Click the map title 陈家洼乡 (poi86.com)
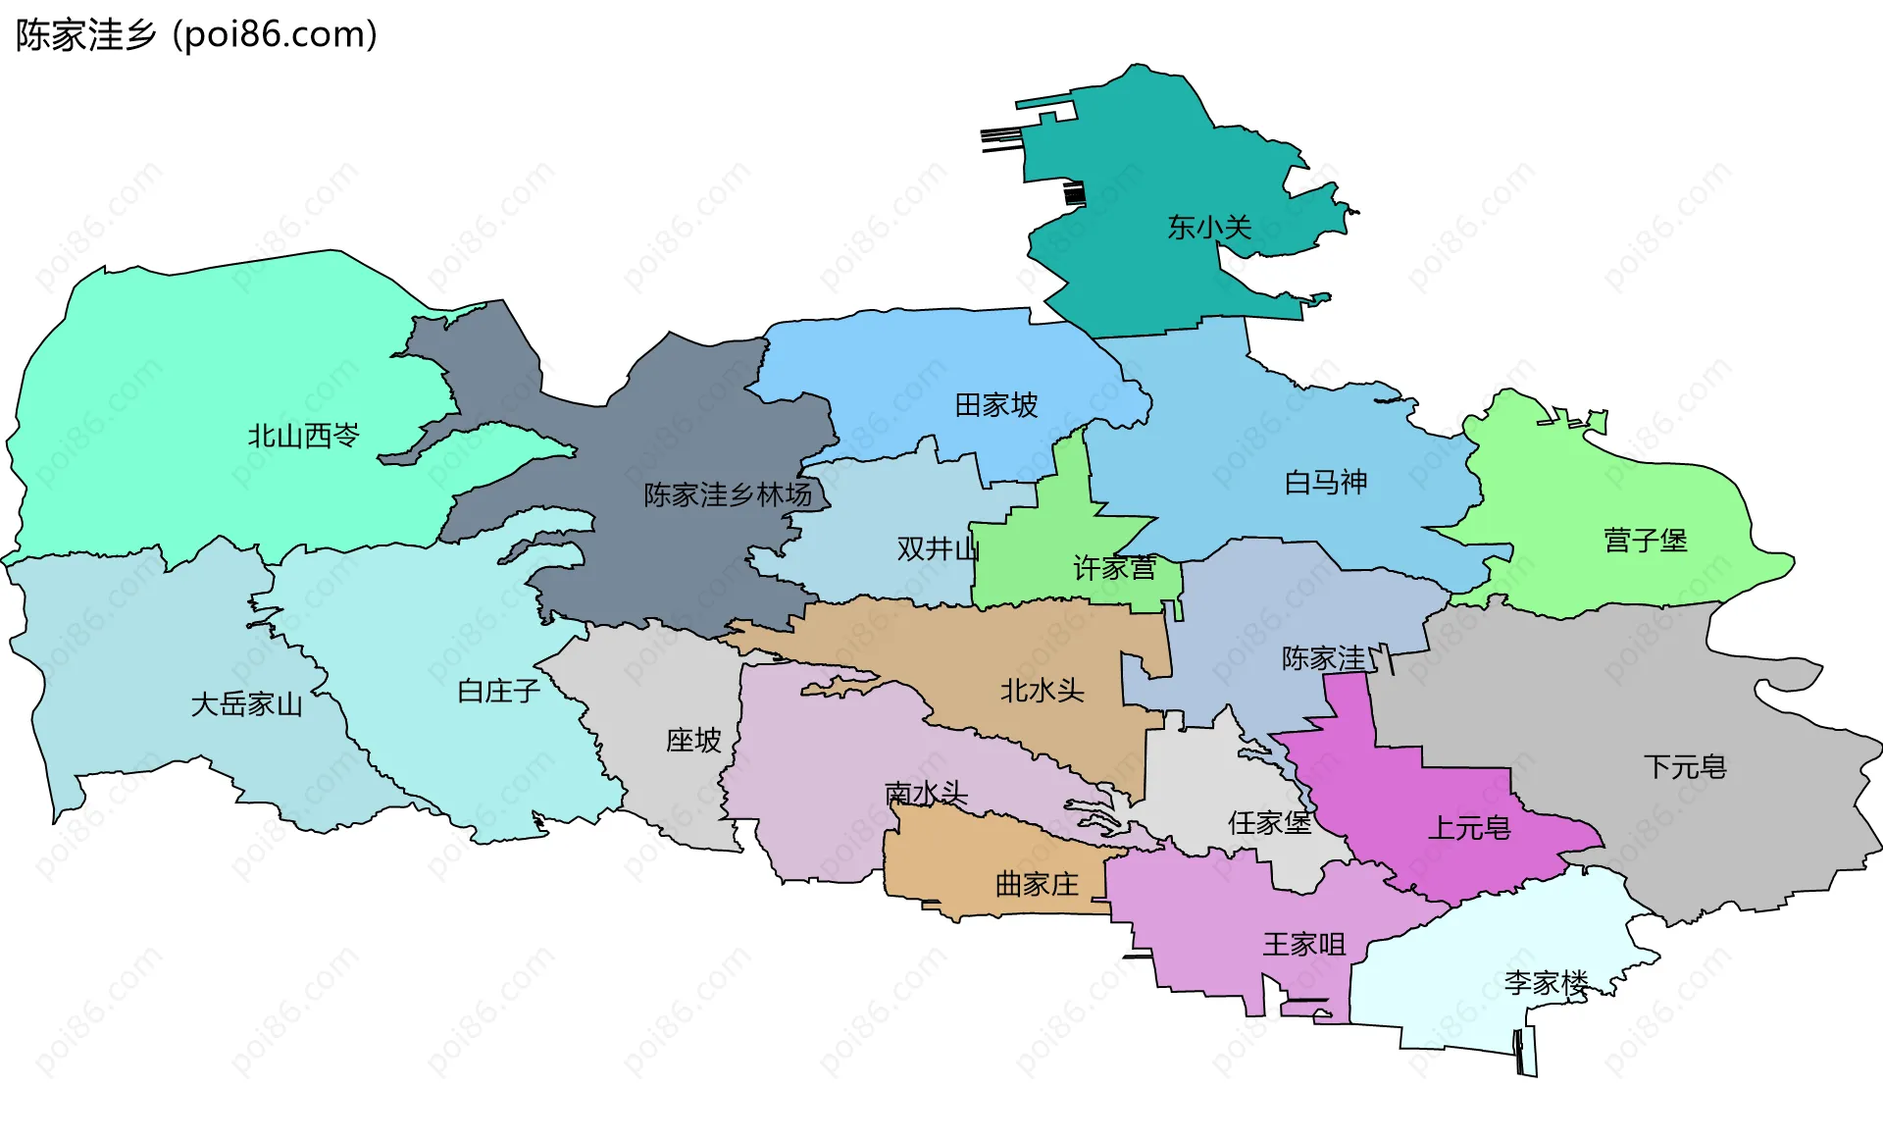[x=196, y=35]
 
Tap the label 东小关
[x=1209, y=228]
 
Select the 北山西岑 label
[x=303, y=436]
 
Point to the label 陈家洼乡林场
[x=728, y=494]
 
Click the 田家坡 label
[x=996, y=405]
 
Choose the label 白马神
[x=1326, y=482]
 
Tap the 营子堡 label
[x=1645, y=541]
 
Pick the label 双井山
[x=938, y=548]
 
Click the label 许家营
[x=1114, y=568]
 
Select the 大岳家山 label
[x=247, y=703]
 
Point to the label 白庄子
[x=499, y=692]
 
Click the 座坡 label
[x=693, y=740]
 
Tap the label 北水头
[x=1042, y=691]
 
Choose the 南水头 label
[x=926, y=793]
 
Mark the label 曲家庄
[x=1037, y=884]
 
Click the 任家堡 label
[x=1270, y=822]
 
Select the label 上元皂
[x=1469, y=828]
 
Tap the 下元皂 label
[x=1684, y=766]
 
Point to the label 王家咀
[x=1303, y=945]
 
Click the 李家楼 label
[x=1546, y=982]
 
